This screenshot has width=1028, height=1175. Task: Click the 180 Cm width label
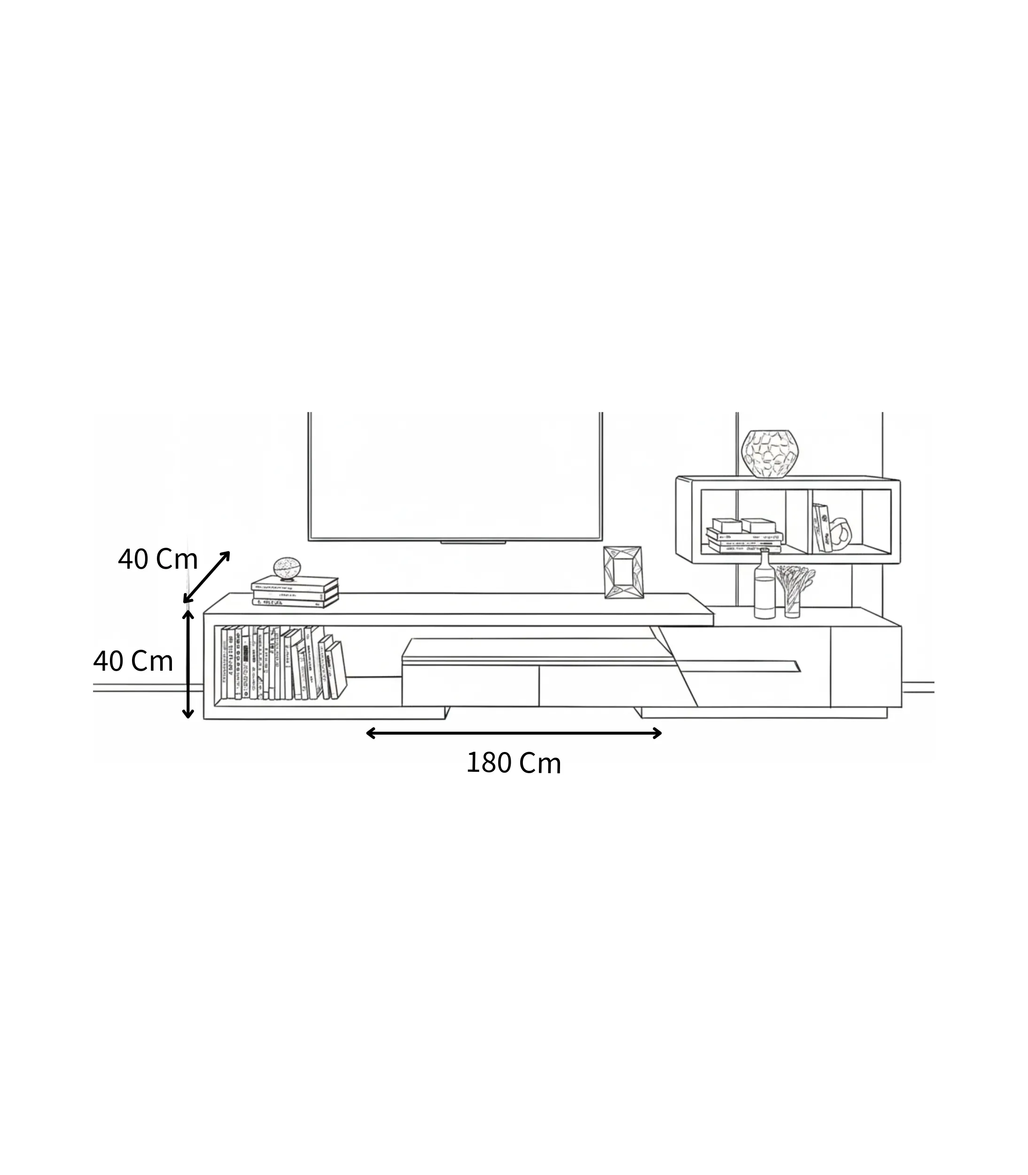coord(514,763)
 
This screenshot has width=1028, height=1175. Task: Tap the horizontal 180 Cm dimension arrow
coord(514,733)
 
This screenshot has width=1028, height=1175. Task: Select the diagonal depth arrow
coord(207,577)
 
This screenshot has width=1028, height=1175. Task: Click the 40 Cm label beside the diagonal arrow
coord(158,559)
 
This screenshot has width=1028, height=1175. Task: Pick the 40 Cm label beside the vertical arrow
coord(133,661)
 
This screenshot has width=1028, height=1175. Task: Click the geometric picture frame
coord(623,572)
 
